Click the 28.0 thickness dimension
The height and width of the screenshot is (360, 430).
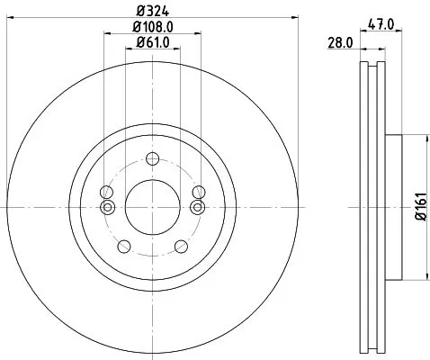[x=340, y=41]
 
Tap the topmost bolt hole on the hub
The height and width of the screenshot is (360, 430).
[x=151, y=158]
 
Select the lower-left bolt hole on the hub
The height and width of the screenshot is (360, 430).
[x=122, y=246]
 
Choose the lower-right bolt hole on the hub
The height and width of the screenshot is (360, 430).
[x=180, y=246]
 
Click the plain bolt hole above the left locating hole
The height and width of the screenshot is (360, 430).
[x=107, y=192]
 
